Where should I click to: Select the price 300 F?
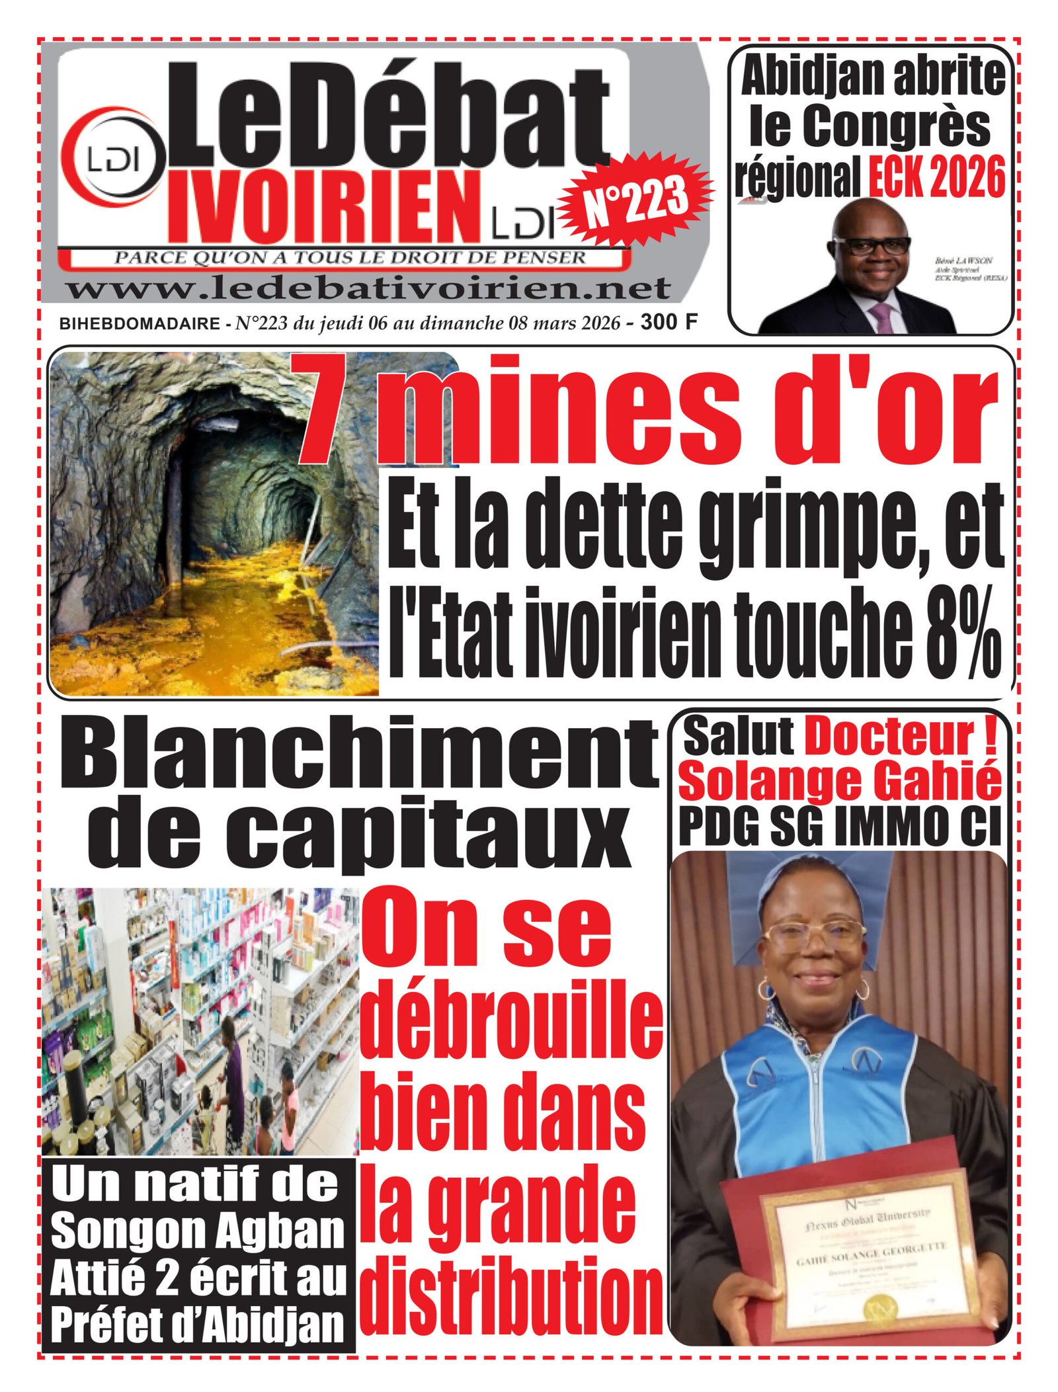point(669,322)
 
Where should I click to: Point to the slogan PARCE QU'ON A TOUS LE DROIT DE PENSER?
point(350,258)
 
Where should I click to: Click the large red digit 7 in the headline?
point(334,410)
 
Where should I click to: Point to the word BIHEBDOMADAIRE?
point(140,323)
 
